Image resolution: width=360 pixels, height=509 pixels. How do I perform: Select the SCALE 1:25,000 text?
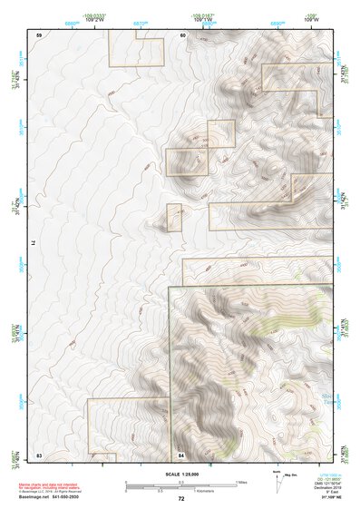[x=180, y=475]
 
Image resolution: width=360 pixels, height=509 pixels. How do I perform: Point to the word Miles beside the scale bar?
[x=240, y=482]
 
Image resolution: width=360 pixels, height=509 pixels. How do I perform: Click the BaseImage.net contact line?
[x=54, y=497]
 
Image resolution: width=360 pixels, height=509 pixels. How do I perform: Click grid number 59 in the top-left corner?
[x=39, y=35]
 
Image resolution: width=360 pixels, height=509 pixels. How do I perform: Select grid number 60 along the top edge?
[x=182, y=35]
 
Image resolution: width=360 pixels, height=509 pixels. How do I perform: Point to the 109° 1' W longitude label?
[x=203, y=19]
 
